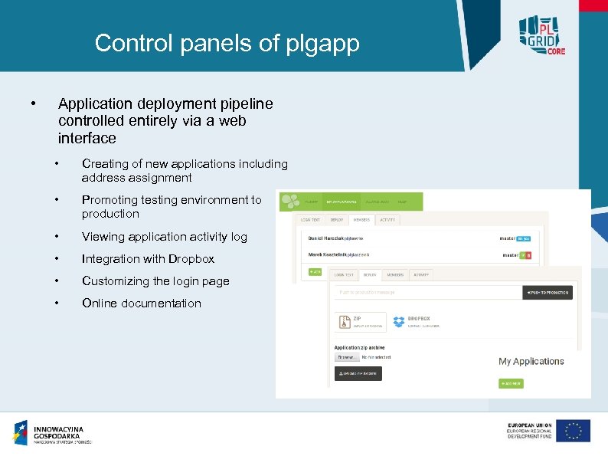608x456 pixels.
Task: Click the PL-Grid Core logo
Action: pyautogui.click(x=540, y=33)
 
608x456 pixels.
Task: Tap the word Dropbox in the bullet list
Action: pyautogui.click(x=191, y=259)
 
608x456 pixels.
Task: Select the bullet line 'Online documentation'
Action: pyautogui.click(x=141, y=303)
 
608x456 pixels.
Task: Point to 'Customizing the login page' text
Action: pyautogui.click(x=155, y=281)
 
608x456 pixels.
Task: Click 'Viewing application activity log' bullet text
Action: pyautogui.click(x=164, y=237)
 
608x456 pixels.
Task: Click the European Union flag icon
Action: pyautogui.click(x=573, y=431)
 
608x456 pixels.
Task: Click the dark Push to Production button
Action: pyautogui.click(x=547, y=293)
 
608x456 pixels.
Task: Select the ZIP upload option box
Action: pyautogui.click(x=359, y=322)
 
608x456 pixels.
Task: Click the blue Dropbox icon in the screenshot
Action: pyautogui.click(x=399, y=322)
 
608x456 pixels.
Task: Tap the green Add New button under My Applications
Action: pyautogui.click(x=511, y=382)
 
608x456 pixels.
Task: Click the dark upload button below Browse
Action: pyautogui.click(x=358, y=373)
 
